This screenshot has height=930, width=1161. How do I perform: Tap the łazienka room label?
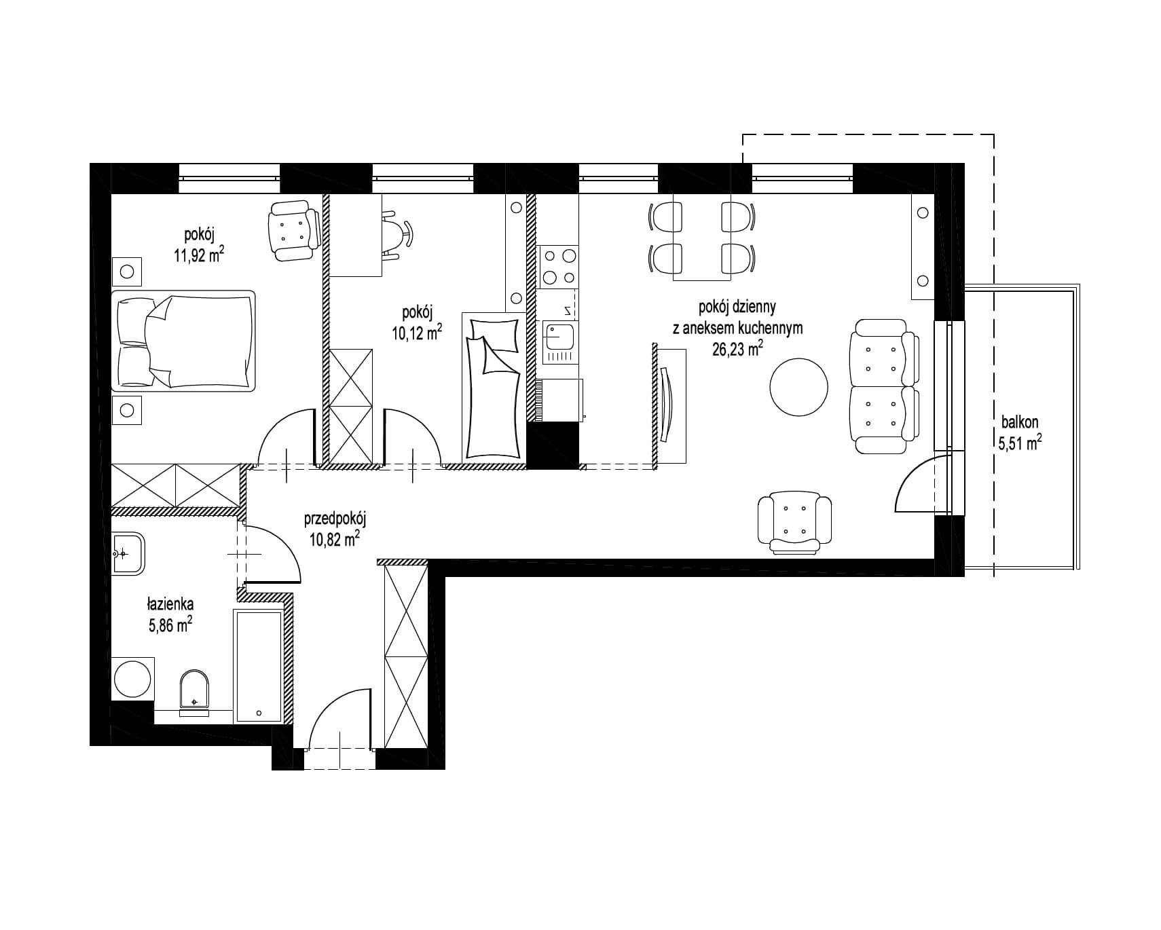tap(170, 603)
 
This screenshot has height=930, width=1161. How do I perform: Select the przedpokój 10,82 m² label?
tap(334, 529)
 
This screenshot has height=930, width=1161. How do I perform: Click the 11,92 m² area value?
tap(199, 256)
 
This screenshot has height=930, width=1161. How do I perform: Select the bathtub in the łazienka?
tap(258, 666)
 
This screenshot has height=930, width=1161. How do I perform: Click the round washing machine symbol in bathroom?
tap(133, 678)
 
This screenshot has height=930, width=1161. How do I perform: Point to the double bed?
tap(183, 341)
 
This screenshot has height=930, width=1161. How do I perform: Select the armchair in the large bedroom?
tap(295, 232)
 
